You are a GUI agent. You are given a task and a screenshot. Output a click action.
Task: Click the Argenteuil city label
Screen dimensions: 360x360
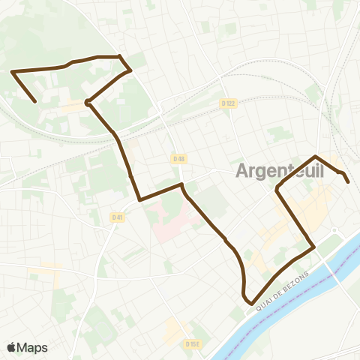(x=280, y=171)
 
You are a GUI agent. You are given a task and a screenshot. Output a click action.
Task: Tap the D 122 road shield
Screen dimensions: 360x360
(x=229, y=103)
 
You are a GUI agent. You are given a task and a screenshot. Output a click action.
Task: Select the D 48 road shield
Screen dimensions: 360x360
(x=178, y=159)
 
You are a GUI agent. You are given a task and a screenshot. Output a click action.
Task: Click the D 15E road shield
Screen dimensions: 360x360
(x=192, y=343)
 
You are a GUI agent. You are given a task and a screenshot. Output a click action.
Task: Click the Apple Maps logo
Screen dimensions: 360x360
(x=27, y=347)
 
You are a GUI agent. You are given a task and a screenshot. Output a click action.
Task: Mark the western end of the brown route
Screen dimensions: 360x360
(x=36, y=101)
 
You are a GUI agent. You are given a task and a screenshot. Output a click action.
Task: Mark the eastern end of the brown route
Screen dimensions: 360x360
(x=347, y=181)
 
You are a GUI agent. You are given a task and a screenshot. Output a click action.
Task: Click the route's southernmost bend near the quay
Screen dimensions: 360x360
(x=248, y=302)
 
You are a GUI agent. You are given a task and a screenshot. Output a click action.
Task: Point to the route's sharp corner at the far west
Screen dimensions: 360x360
(x=13, y=71)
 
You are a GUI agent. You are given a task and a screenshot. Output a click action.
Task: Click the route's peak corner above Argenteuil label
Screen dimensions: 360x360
(x=316, y=156)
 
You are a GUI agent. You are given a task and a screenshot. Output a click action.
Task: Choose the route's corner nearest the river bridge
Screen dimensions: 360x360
(x=313, y=245)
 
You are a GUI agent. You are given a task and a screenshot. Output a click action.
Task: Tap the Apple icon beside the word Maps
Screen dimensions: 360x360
(x=12, y=347)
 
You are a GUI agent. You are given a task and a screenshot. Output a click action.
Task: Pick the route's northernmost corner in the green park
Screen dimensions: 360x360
(x=119, y=56)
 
